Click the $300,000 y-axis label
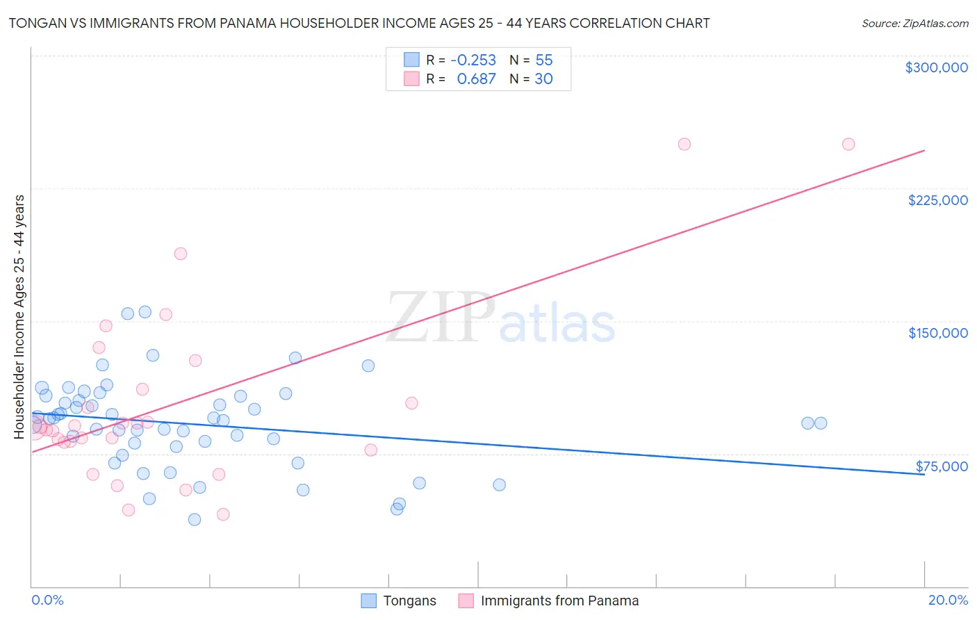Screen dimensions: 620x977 tap(936, 67)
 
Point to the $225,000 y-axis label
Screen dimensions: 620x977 tap(937, 200)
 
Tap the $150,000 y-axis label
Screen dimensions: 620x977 tap(937, 333)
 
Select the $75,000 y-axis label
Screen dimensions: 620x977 tap(942, 466)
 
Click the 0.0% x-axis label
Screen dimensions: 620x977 tap(47, 600)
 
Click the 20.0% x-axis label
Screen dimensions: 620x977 tap(948, 600)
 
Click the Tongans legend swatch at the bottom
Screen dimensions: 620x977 tap(368, 601)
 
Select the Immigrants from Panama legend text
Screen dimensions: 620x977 tap(559, 601)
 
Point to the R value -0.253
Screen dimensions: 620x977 tap(473, 60)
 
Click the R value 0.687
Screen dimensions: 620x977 tap(476, 79)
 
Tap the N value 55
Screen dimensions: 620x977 tap(544, 60)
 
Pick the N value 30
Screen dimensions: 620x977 tap(543, 79)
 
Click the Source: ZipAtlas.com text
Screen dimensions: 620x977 tap(914, 24)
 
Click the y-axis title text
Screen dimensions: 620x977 tap(19, 317)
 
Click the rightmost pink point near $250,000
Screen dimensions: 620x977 tap(848, 145)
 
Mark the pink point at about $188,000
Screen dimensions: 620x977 tap(181, 254)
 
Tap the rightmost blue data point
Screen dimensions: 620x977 tap(821, 423)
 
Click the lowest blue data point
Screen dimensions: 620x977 tap(195, 520)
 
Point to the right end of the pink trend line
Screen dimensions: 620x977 tap(924, 150)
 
